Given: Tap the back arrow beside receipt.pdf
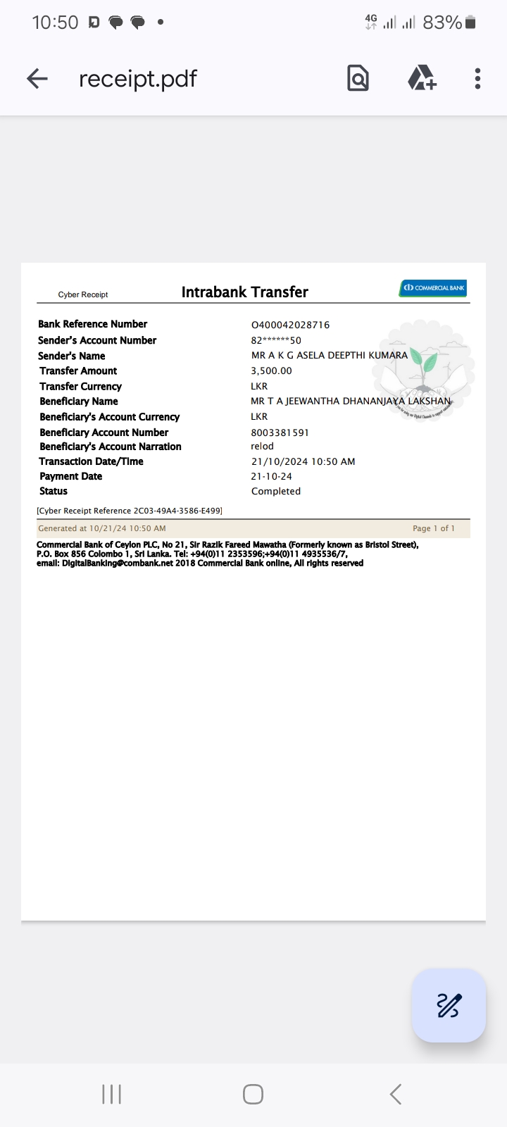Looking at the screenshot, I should [37, 78].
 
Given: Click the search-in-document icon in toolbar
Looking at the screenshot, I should [358, 78].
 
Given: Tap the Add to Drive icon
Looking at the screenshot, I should [421, 78].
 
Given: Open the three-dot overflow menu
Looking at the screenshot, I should [477, 78].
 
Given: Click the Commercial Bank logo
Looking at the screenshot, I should [433, 288].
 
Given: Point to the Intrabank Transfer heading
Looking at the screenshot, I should [244, 292].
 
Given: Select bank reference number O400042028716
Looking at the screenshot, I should [290, 325].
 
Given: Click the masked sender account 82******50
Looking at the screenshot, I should [276, 340].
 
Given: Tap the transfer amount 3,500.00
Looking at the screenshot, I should [271, 371].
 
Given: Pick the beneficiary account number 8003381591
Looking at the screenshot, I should [280, 432].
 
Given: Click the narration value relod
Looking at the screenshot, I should [262, 447].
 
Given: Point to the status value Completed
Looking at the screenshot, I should [275, 492].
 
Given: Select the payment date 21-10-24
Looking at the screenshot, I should [271, 477].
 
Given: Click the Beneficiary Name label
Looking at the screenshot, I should [79, 401].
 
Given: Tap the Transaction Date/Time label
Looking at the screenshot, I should [92, 461].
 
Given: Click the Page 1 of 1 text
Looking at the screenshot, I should [433, 528].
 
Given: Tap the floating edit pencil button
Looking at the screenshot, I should [449, 1005].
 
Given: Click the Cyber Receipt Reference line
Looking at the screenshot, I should [130, 511].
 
